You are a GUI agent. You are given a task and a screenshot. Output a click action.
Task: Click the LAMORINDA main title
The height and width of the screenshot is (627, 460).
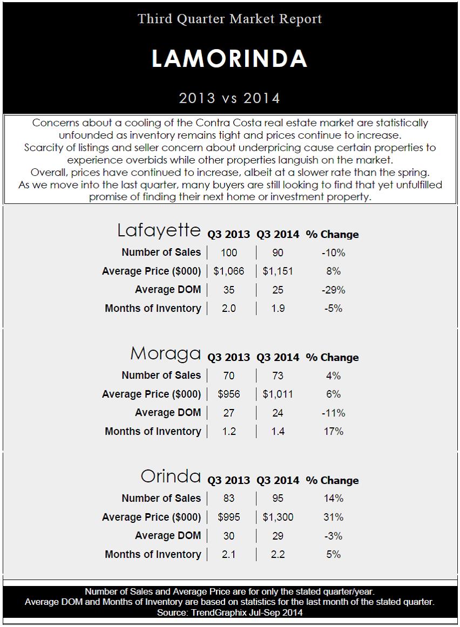point(229,59)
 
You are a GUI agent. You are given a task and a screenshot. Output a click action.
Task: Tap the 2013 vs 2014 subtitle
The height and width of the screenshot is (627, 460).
point(229,98)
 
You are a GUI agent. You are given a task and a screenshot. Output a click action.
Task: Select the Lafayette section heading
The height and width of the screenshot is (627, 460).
point(159,230)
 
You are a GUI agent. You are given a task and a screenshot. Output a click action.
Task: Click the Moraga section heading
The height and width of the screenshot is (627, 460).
point(165,354)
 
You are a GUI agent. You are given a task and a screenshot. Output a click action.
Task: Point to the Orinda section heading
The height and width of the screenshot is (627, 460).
point(171,476)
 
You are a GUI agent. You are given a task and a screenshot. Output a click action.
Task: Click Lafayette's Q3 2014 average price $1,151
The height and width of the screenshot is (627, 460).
point(278,271)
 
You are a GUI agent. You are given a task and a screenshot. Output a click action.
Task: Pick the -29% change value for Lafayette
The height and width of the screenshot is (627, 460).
point(332,290)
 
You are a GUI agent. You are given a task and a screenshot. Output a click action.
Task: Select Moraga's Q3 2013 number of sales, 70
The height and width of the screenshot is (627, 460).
point(229,376)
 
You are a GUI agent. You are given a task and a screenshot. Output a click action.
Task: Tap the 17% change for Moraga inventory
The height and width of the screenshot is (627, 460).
point(332,431)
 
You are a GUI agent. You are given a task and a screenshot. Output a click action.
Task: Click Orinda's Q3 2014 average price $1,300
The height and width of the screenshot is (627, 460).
point(278,517)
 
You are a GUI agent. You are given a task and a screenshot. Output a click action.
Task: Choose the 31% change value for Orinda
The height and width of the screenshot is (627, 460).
point(332,517)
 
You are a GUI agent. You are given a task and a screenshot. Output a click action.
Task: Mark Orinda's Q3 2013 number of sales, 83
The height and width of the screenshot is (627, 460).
point(229,499)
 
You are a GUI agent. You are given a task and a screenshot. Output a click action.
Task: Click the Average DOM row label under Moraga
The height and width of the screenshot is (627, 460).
point(167,412)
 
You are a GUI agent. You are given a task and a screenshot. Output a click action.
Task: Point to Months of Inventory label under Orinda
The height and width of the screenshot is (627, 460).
point(153,554)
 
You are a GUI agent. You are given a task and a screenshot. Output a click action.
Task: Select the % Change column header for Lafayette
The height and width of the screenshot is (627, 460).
point(332,234)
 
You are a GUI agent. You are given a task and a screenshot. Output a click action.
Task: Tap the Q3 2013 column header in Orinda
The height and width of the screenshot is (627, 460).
point(229,480)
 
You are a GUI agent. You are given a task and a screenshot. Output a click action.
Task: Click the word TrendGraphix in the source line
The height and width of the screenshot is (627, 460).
point(211,612)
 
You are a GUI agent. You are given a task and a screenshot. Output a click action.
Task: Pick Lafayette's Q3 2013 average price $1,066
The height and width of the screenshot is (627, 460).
point(229,271)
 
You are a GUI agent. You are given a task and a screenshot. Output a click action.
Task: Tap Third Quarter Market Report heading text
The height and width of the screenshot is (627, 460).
point(229,19)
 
